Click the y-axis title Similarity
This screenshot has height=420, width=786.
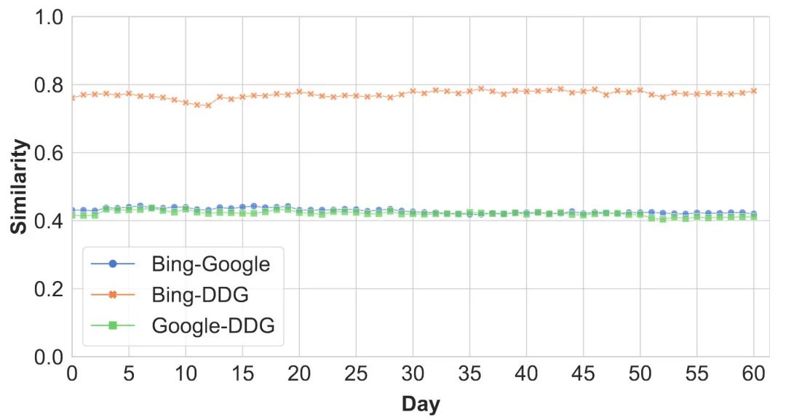coord(20,187)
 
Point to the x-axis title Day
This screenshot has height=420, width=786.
coord(421,403)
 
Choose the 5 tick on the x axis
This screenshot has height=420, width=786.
coord(129,376)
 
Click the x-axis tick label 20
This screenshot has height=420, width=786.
coord(299,376)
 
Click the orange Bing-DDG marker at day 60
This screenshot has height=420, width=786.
coord(753,91)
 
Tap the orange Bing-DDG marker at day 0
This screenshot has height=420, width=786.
coord(72,97)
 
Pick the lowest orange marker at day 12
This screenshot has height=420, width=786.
coord(208,105)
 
